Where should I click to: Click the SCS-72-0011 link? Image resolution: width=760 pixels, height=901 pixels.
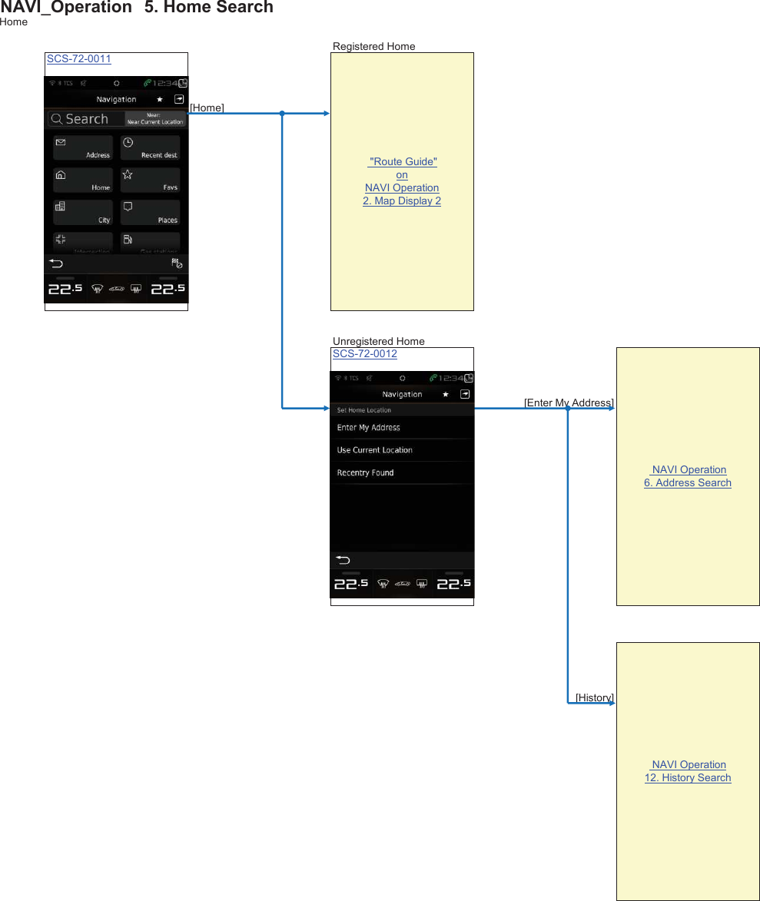78,59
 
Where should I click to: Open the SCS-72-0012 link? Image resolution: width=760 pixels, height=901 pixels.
364,354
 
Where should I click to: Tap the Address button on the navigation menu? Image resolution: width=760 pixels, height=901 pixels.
83,148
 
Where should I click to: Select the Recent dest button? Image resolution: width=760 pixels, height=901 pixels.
150,148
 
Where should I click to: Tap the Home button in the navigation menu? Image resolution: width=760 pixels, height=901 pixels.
83,181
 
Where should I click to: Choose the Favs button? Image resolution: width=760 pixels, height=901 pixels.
150,181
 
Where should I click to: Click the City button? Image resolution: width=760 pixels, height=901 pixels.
83,213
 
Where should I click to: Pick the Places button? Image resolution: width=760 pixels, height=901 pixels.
150,213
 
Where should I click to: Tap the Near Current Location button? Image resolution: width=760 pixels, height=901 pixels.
155,119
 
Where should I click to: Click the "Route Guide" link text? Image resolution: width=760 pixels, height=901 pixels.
403,162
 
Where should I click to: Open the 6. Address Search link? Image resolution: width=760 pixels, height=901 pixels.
688,483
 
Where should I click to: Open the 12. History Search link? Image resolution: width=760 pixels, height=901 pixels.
688,778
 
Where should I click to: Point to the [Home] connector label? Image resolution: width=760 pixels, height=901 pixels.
207,108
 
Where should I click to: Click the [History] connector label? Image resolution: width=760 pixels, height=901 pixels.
594,698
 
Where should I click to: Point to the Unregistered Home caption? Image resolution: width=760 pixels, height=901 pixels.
378,342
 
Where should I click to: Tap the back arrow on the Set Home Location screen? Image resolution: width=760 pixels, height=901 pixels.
343,560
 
